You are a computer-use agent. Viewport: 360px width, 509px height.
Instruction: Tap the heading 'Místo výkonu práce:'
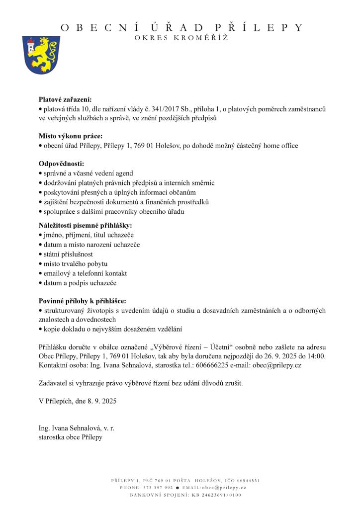click(71, 136)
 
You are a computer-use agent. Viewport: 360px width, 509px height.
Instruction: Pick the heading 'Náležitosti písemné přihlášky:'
click(82, 225)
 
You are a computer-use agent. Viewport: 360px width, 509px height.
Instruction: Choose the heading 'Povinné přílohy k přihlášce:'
click(83, 301)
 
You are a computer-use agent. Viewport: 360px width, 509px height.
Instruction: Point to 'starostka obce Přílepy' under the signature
click(71, 437)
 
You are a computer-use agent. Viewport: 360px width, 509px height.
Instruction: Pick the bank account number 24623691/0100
click(219, 495)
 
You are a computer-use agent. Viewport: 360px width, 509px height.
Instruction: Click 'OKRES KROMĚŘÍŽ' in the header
click(181, 39)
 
